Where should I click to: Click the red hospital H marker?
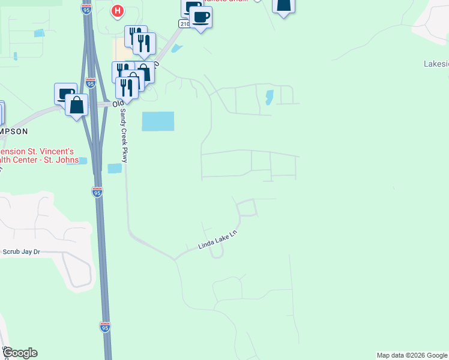click(118, 11)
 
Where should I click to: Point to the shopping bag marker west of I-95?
click(77, 106)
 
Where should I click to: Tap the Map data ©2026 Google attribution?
click(412, 355)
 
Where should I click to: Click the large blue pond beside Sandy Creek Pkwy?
click(157, 121)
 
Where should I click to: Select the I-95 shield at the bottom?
click(105, 327)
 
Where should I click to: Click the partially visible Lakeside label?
click(436, 64)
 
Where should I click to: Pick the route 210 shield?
click(183, 23)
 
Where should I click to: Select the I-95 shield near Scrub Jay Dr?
click(97, 192)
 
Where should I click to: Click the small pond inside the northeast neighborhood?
click(269, 96)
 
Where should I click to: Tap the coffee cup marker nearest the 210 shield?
click(201, 17)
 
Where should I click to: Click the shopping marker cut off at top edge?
click(283, 5)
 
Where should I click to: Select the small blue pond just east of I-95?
click(114, 169)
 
